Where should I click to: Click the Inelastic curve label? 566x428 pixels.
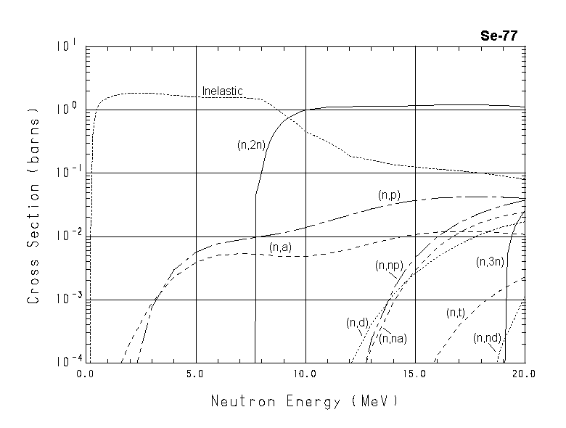coord(222,91)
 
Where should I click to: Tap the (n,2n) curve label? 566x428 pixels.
coord(252,145)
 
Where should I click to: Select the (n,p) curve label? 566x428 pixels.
coord(390,195)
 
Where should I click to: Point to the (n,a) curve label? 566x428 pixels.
coord(280,248)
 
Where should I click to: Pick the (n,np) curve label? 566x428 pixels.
coord(390,266)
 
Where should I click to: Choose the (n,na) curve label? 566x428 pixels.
coord(393,338)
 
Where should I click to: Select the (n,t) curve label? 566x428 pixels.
coord(455,313)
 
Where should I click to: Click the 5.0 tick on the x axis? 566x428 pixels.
coord(196,374)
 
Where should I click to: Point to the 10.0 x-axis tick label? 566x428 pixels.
coord(305,374)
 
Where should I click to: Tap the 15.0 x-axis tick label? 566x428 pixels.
coord(415,374)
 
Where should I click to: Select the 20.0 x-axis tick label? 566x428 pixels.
coord(524,374)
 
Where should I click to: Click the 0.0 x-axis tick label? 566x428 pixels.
coord(86,374)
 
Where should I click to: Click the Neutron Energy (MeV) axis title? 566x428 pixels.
coord(305,400)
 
